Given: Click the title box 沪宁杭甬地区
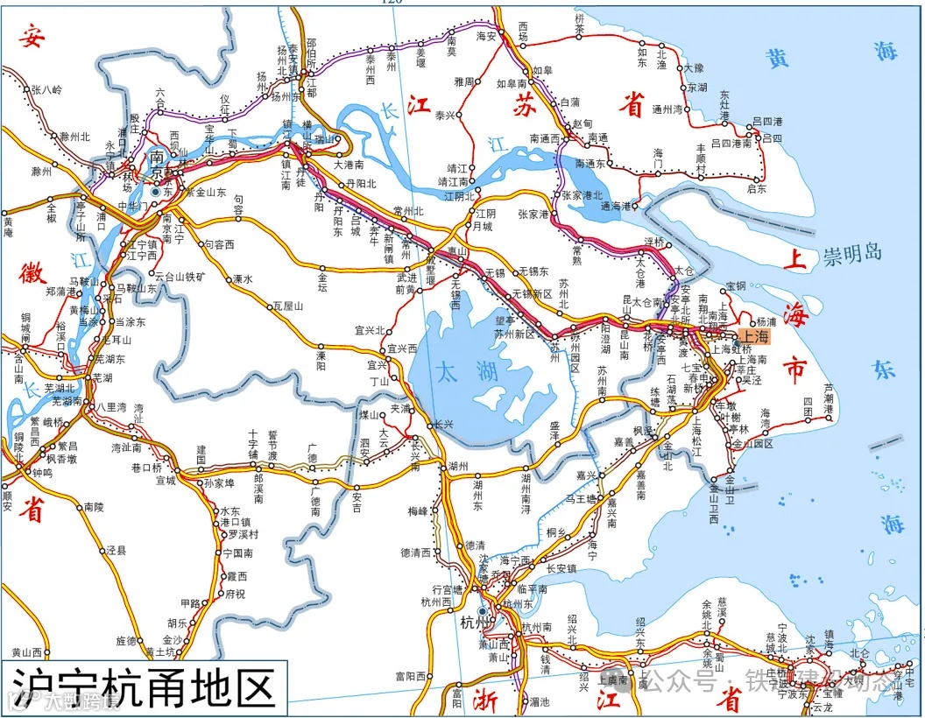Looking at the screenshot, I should [x=141, y=686].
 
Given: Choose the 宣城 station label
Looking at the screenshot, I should [x=166, y=480].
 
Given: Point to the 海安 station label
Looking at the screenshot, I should [x=486, y=36].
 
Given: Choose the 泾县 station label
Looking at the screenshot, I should [x=117, y=550].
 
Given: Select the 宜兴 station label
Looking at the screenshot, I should [x=377, y=364].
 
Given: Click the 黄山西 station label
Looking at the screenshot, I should [x=27, y=652].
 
